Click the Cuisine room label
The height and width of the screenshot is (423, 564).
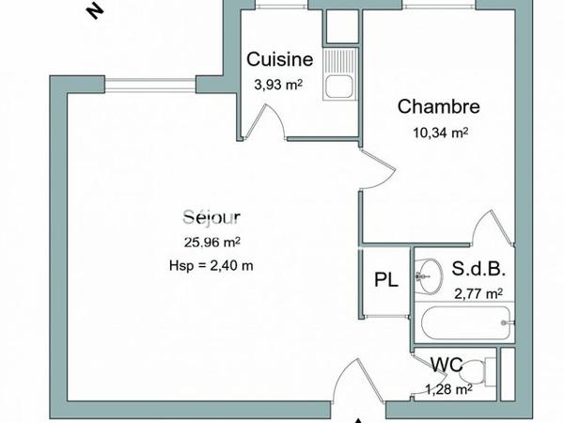click(279, 59)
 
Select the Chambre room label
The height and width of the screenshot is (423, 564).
click(439, 107)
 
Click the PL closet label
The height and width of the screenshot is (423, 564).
click(385, 280)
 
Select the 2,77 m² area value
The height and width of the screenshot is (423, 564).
click(478, 292)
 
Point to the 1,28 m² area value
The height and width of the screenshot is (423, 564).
click(447, 390)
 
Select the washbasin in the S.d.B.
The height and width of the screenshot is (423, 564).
click(430, 274)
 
